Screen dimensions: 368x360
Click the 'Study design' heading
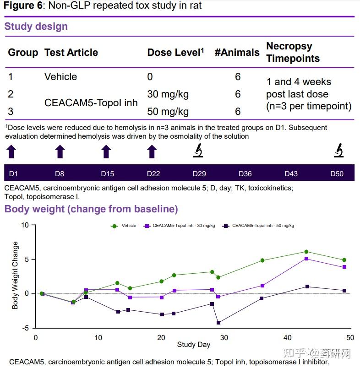(36, 27)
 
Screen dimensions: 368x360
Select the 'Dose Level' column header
(175, 53)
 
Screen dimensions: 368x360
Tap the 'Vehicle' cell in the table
(60, 76)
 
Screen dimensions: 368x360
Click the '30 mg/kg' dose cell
(168, 94)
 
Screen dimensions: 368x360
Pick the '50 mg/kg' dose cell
(168, 112)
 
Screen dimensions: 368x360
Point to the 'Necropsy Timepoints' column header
(293, 52)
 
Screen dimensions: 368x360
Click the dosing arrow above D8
(60, 152)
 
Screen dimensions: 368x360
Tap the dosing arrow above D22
(152, 152)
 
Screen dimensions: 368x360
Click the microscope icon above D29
(198, 150)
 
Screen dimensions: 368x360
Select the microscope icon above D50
(338, 150)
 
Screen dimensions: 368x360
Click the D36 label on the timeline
(245, 174)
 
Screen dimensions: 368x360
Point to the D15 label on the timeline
(107, 174)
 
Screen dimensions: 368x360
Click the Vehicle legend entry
(124, 226)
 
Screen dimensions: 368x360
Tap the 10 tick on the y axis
(25, 225)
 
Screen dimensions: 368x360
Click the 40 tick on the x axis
(287, 338)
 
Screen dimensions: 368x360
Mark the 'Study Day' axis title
(193, 345)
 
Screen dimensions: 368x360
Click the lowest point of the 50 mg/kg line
(218, 323)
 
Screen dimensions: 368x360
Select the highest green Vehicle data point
(306, 252)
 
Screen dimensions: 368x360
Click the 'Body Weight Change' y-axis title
(15, 276)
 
